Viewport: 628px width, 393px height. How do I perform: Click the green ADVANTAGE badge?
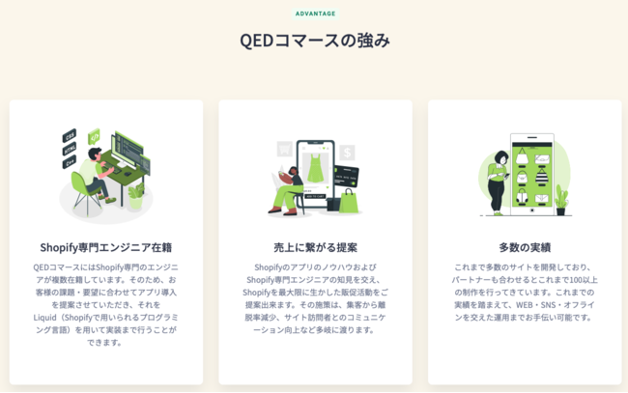[x=315, y=14]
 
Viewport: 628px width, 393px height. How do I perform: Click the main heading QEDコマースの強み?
[x=315, y=41]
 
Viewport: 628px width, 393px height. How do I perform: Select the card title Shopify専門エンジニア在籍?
[x=106, y=247]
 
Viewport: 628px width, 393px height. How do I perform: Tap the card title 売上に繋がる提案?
[x=315, y=247]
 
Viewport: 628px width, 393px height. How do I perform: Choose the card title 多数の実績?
[x=525, y=247]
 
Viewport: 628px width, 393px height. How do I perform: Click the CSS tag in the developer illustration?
[x=70, y=136]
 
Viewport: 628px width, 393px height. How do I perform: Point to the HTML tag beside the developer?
[x=70, y=149]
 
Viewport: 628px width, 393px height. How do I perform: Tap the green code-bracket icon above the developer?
[x=94, y=137]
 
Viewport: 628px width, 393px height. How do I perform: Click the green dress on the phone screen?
[x=315, y=168]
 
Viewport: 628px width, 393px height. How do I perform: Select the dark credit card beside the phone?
[x=347, y=176]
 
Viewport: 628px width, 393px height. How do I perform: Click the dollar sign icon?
[x=347, y=153]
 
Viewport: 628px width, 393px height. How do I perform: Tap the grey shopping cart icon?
[x=284, y=150]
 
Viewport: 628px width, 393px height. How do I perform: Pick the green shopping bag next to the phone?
[x=349, y=201]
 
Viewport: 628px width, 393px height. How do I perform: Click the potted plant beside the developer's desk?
[x=136, y=195]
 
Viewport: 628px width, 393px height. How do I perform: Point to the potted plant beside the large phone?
[x=561, y=200]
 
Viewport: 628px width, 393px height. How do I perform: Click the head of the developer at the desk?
[x=95, y=154]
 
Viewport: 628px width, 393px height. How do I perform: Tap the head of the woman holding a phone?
[x=501, y=157]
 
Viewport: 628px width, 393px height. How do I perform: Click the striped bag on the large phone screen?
[x=541, y=176]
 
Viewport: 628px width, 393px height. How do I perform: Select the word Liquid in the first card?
[x=44, y=318]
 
